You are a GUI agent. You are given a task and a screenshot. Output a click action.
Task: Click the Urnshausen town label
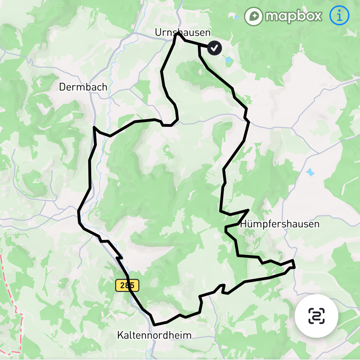pyautogui.click(x=182, y=32)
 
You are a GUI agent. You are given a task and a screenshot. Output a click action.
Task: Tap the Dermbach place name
pyautogui.click(x=83, y=87)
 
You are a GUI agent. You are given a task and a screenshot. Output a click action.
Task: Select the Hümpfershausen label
pyautogui.click(x=280, y=224)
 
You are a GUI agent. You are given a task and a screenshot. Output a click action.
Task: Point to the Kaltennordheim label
pyautogui.click(x=154, y=335)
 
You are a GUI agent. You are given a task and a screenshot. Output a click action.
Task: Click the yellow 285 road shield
pyautogui.click(x=127, y=285)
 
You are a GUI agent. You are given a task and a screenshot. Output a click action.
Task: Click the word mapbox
pyautogui.click(x=294, y=16)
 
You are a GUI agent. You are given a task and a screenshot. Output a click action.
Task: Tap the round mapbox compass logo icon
pyautogui.click(x=253, y=16)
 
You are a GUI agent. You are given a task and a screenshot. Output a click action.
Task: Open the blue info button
pyautogui.click(x=339, y=16)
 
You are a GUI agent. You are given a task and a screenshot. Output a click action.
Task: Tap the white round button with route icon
pyautogui.click(x=316, y=316)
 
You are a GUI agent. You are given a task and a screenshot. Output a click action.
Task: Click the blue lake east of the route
pyautogui.click(x=310, y=172)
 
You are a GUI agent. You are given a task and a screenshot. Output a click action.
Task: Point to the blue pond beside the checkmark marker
pyautogui.click(x=229, y=60)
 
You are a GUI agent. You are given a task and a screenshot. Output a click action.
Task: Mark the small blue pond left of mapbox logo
pyautogui.click(x=237, y=17)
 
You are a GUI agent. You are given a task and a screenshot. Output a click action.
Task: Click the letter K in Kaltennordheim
pyautogui.click(x=120, y=335)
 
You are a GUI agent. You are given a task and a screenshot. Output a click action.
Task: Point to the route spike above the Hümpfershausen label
pyautogui.click(x=248, y=210)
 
